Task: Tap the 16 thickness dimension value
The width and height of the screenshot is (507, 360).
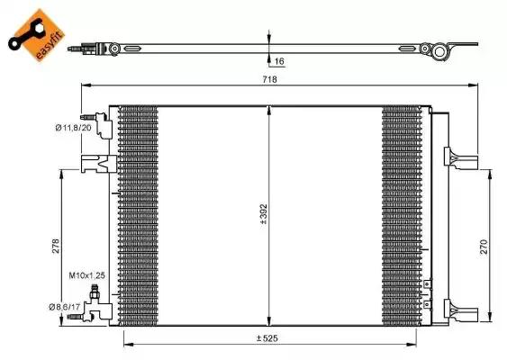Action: click(x=279, y=60)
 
